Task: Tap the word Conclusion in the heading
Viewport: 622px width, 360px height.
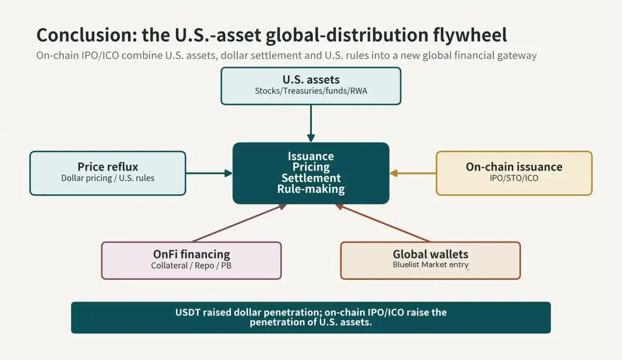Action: point(87,35)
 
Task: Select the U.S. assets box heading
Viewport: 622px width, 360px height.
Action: point(311,80)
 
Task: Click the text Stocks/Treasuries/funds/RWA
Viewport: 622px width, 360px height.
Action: point(311,91)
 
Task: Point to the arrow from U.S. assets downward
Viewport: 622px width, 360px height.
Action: point(311,123)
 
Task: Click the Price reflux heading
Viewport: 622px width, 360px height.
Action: point(108,167)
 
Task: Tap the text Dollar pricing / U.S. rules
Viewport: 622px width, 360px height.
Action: point(108,178)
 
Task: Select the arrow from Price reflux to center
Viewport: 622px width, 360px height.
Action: point(209,173)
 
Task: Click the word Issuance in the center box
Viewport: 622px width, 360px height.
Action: point(311,156)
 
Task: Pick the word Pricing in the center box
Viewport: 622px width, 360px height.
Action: point(311,167)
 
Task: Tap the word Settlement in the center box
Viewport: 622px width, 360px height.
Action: point(311,178)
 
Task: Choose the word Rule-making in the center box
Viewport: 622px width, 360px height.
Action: point(311,189)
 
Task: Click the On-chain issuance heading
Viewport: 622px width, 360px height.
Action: point(514,167)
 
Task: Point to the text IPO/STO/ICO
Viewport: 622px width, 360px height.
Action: point(514,178)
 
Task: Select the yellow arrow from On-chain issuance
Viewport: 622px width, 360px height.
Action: point(413,173)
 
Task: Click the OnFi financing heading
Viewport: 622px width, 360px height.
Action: point(191,254)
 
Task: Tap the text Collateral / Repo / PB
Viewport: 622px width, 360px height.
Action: point(191,266)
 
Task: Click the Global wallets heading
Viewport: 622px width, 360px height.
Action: point(431,254)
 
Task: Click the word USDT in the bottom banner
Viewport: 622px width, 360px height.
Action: point(188,313)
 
